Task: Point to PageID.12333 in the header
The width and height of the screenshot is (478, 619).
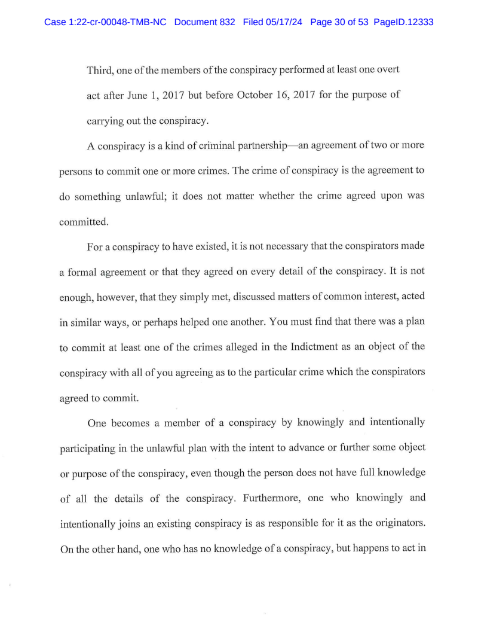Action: (x=403, y=22)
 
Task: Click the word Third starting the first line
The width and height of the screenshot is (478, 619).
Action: (x=100, y=70)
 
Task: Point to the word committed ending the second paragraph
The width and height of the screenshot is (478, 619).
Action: (x=83, y=221)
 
